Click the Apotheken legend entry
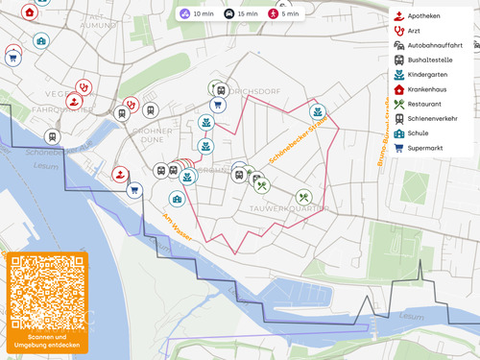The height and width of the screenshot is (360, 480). click(422, 16)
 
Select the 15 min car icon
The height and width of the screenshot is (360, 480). click(240, 13)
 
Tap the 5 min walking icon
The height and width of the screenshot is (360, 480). click(284, 13)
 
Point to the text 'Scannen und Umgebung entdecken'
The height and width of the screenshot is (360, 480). click(47, 341)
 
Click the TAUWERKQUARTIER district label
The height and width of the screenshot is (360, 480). click(288, 207)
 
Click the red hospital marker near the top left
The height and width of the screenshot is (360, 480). click(30, 12)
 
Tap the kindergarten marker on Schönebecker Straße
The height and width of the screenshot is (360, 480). click(315, 112)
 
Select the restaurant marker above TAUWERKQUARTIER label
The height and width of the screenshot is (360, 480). click(303, 196)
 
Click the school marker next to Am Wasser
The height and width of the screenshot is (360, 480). click(177, 199)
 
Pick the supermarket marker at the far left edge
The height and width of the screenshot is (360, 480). click(12, 58)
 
